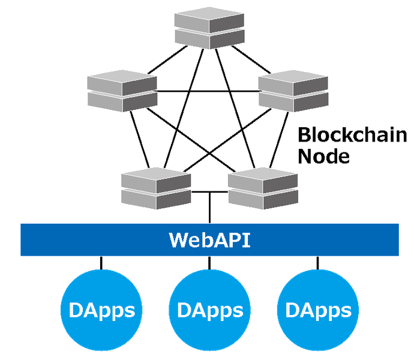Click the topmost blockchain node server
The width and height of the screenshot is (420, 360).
pyautogui.click(x=209, y=27)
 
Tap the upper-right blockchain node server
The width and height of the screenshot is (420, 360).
pyautogui.click(x=293, y=91)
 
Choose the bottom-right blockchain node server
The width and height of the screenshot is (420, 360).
pyautogui.click(x=262, y=187)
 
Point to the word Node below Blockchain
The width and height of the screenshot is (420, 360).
pyautogui.click(x=324, y=157)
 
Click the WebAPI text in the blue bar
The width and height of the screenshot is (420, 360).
pyautogui.click(x=209, y=240)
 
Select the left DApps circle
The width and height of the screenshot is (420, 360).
pyautogui.click(x=101, y=310)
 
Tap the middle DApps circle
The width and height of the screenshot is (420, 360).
pyautogui.click(x=209, y=310)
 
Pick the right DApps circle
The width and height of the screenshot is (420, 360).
pyautogui.click(x=318, y=310)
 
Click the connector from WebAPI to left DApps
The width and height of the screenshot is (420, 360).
pyautogui.click(x=101, y=263)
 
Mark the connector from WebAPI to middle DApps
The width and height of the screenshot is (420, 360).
pyautogui.click(x=209, y=263)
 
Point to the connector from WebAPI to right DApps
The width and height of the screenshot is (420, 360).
pyautogui.click(x=317, y=263)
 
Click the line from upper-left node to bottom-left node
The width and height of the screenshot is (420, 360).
pyautogui.click(x=137, y=139)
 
